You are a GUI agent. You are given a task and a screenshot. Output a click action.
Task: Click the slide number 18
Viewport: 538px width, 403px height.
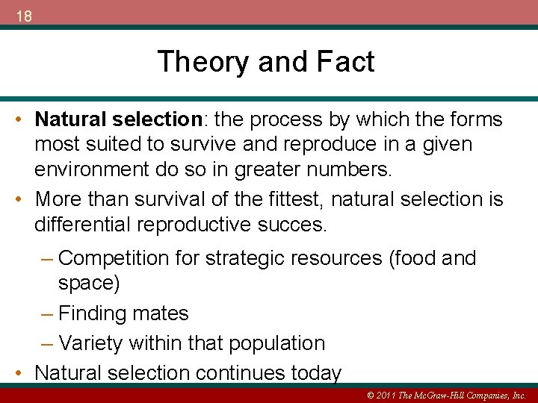click(x=23, y=16)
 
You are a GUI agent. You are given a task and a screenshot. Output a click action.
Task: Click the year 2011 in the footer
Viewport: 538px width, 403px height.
click(x=383, y=395)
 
